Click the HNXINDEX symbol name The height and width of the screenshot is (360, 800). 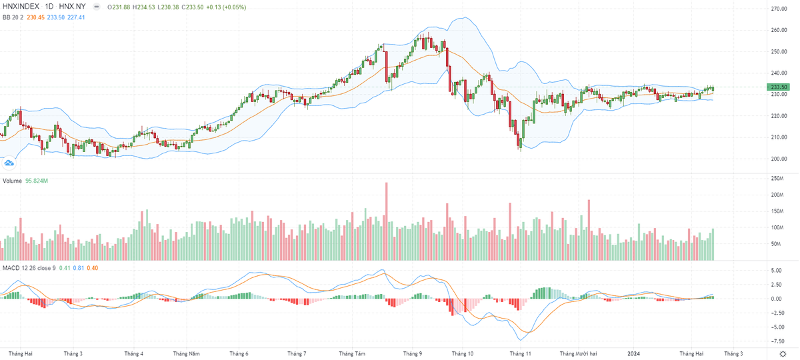point(23,6)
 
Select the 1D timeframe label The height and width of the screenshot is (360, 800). point(50,6)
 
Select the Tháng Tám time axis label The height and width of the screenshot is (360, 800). point(352,354)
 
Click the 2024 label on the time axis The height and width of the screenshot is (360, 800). point(633,354)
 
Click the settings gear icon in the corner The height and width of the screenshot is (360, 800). point(782,353)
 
